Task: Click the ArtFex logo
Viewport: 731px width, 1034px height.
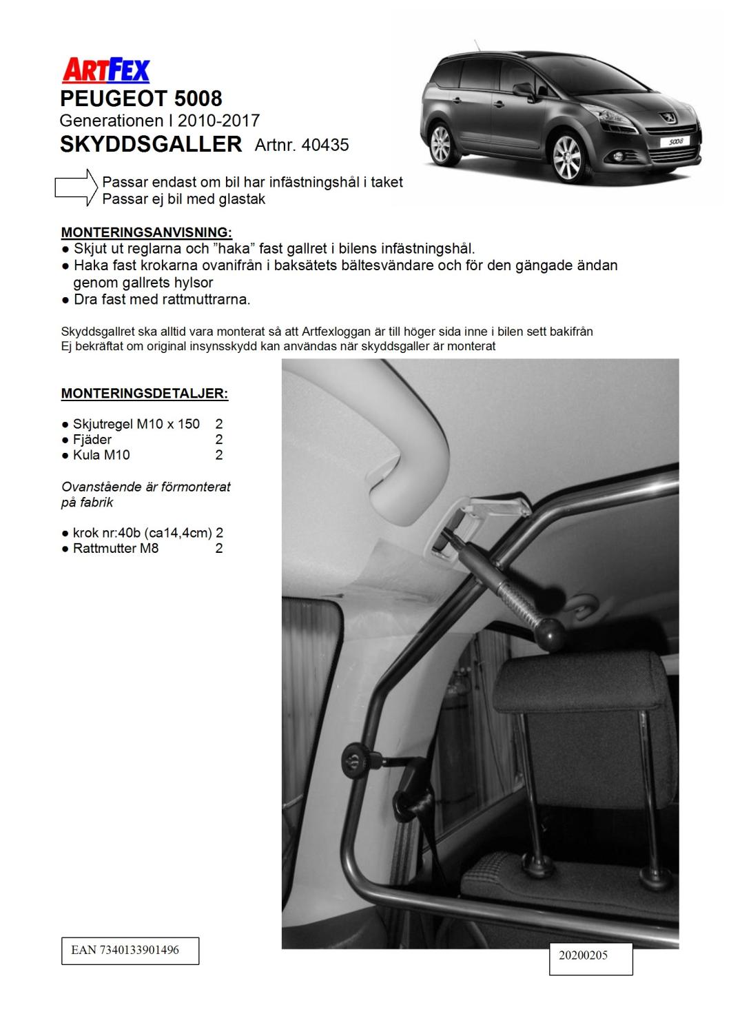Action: pos(106,70)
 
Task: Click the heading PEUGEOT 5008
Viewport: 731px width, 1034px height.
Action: pos(141,98)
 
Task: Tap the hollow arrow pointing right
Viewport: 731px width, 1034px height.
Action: pos(76,187)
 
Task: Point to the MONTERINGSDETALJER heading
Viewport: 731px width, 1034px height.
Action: pos(145,394)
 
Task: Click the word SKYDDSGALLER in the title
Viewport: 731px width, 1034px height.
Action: pos(151,144)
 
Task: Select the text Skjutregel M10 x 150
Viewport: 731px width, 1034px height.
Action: pos(136,424)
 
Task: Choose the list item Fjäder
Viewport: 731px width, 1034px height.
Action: pos(92,440)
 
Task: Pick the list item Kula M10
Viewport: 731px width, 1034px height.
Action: pos(101,455)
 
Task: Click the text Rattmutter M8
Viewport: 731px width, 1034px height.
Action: pos(116,549)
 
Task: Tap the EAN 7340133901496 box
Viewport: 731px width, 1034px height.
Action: pos(130,950)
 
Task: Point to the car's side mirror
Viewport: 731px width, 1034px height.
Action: pos(524,90)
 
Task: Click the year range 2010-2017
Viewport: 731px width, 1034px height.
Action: pos(218,121)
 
